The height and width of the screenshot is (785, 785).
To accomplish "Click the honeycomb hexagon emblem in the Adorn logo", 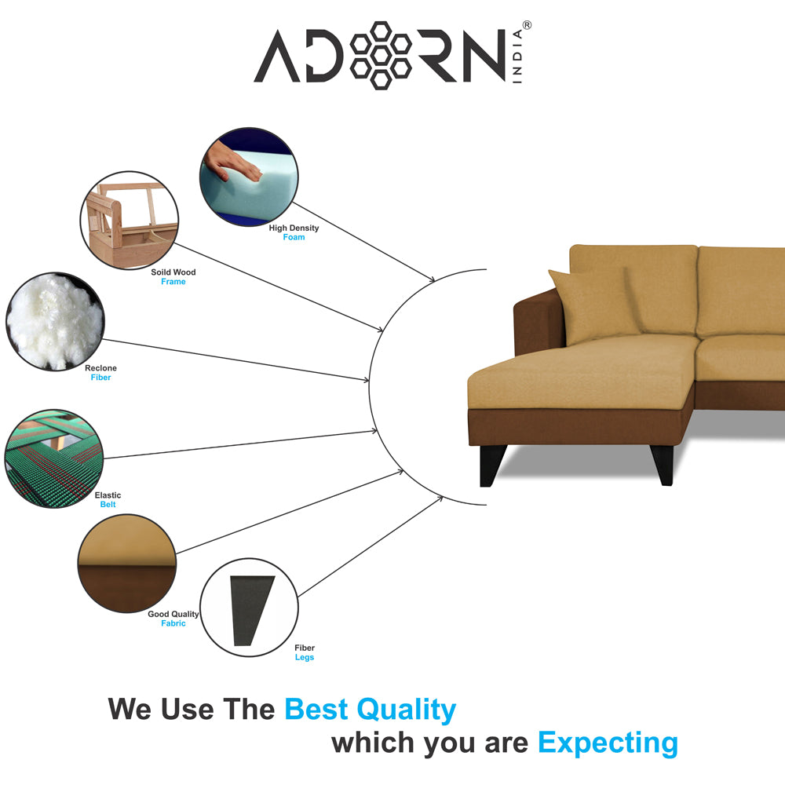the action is coord(381,56).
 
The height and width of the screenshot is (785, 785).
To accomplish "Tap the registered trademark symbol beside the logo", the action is coord(527,25).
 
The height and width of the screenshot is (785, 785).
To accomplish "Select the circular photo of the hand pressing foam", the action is coord(249,177).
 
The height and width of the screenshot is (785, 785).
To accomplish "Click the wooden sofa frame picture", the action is coord(130,221).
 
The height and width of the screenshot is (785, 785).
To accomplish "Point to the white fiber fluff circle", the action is coord(55,321).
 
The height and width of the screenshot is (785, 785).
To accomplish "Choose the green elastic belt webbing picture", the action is coord(54,458).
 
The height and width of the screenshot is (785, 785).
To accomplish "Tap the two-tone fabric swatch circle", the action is coord(127,563).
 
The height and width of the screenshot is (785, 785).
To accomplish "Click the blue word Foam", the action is coord(294,237).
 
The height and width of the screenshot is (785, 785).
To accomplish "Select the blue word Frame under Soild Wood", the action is coord(173,282).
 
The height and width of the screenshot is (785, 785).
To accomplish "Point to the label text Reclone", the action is coord(100,368).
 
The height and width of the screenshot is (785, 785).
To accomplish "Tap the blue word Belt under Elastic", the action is coord(108,505).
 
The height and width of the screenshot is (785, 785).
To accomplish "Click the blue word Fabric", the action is coord(173,623).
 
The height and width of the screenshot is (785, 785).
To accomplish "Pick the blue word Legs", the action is coord(305,657).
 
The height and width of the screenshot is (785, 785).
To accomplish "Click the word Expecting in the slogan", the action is coord(608,743).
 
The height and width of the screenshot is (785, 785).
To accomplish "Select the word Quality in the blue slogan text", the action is coord(406,710).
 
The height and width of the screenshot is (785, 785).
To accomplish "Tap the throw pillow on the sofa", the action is coord(595,305).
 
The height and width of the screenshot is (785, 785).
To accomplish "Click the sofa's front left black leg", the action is coord(491,466).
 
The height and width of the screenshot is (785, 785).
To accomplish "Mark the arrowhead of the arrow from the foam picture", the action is coord(432,279).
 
